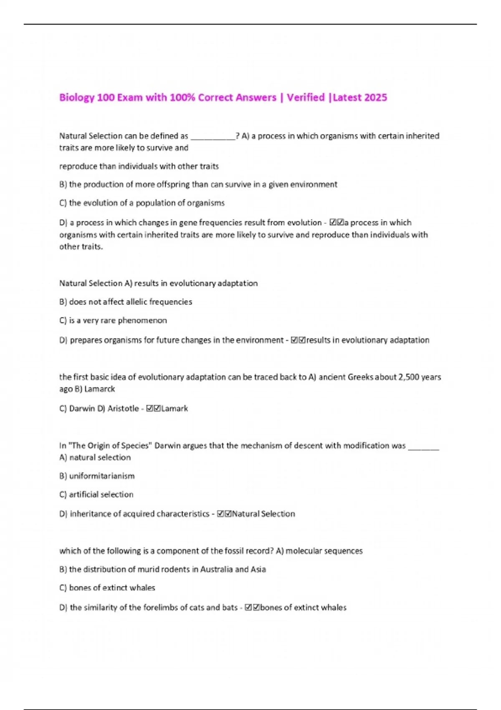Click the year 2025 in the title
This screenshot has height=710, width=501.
pyautogui.click(x=376, y=98)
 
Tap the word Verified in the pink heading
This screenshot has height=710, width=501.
pyautogui.click(x=306, y=98)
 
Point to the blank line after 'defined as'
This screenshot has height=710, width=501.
pyautogui.click(x=213, y=137)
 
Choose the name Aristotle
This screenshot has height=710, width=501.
pyautogui.click(x=123, y=409)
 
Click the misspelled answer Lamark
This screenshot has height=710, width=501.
pyautogui.click(x=175, y=409)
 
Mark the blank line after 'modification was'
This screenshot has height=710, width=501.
pyautogui.click(x=423, y=447)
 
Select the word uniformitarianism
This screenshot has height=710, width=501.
pyautogui.click(x=102, y=476)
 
